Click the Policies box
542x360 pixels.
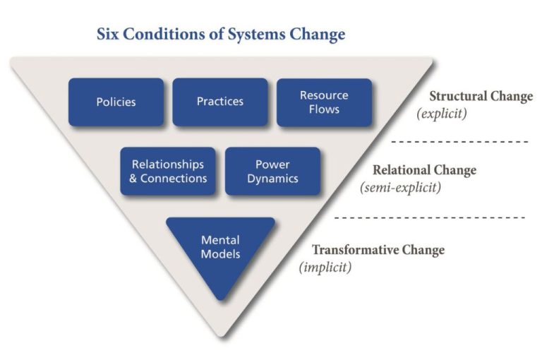(116, 102)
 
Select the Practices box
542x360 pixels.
(220, 102)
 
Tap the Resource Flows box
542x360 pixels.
(324, 102)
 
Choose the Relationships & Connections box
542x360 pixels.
(168, 171)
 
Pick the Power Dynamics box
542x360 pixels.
(272, 171)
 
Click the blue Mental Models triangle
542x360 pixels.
(220, 248)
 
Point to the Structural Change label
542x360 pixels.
(481, 97)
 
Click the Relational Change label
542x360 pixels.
(424, 170)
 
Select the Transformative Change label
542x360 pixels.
(378, 251)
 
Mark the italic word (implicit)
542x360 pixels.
(325, 268)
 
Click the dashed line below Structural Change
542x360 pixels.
(459, 142)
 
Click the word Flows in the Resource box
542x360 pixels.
(324, 109)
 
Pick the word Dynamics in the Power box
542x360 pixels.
(272, 179)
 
